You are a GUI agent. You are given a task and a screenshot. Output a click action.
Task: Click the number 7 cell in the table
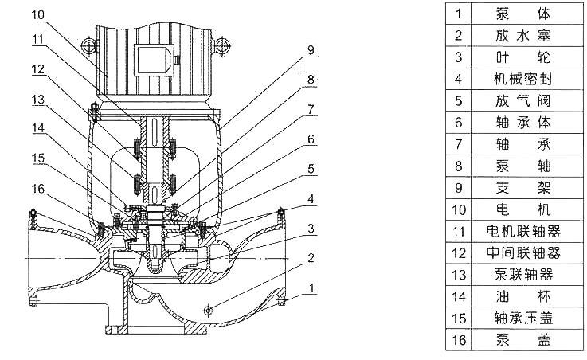pos(458,144)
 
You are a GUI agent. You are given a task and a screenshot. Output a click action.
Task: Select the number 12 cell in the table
pos(458,252)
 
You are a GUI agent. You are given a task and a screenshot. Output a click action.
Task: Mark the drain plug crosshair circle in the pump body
pos(209,309)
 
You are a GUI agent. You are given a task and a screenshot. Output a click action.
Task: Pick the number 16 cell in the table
pos(458,339)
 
